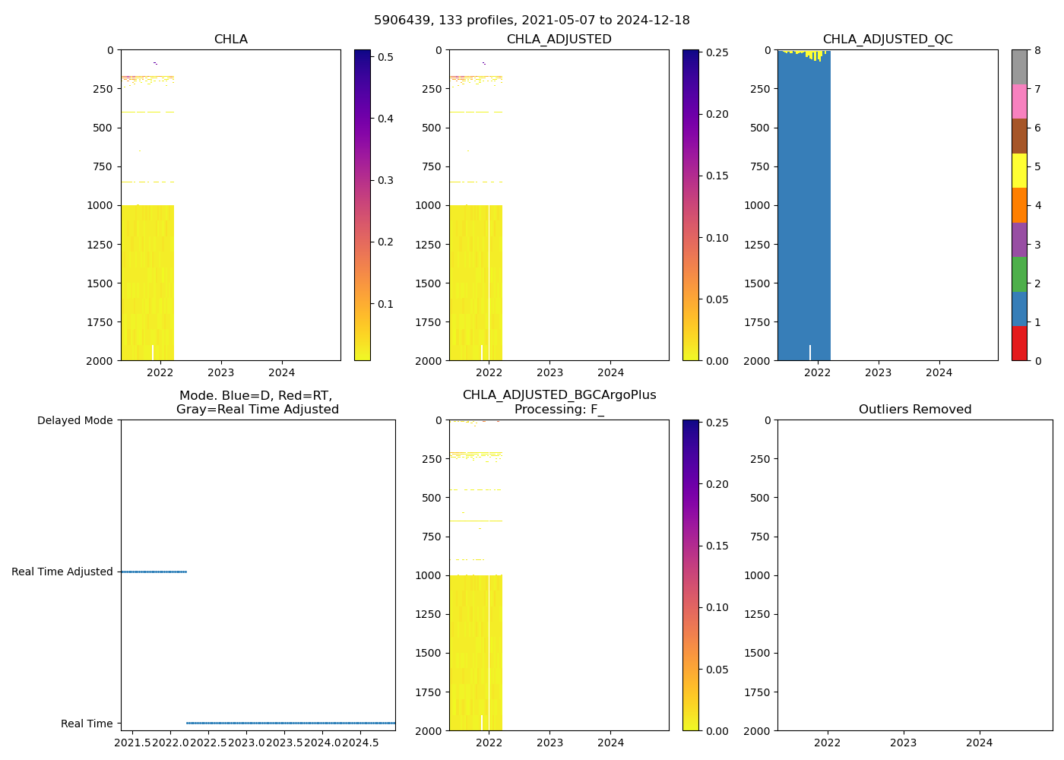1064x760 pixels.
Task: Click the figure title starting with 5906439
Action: [531, 21]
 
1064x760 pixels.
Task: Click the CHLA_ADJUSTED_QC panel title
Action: [887, 40]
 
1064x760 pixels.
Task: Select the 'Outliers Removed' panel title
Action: [914, 410]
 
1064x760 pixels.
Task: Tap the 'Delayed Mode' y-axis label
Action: [74, 421]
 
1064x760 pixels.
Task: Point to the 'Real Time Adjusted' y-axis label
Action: [62, 572]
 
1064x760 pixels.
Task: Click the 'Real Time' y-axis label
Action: [87, 724]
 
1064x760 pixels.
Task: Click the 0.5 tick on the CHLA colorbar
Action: [384, 57]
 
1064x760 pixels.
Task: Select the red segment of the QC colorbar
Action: [1018, 344]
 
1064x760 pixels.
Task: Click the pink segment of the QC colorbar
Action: [1018, 101]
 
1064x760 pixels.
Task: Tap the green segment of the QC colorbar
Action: [1018, 274]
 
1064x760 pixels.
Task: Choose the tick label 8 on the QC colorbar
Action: [1037, 51]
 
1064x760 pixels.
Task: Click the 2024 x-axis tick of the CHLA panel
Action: [282, 373]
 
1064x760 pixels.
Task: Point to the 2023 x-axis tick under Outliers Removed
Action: [903, 743]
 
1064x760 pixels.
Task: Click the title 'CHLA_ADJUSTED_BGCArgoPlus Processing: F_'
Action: [559, 402]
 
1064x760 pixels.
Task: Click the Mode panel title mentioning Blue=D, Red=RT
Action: [257, 403]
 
